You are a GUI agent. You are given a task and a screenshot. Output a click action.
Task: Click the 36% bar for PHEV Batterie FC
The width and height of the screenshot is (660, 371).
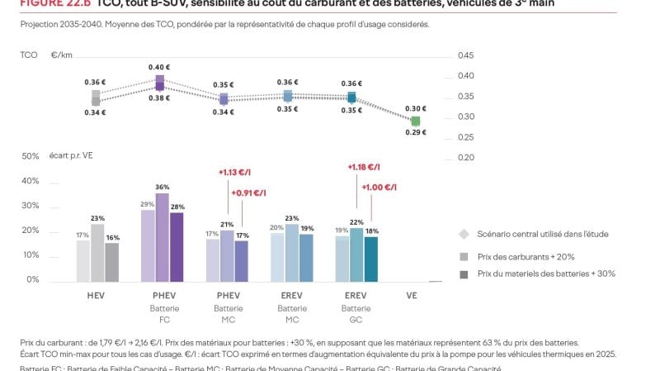[x=162, y=238]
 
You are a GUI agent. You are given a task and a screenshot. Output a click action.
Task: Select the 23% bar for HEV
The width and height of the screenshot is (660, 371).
[x=97, y=253]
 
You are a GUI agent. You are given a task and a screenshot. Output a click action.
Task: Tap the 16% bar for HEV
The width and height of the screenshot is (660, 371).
[x=111, y=262]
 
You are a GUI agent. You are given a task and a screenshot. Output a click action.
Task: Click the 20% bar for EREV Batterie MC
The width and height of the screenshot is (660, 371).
[x=277, y=257]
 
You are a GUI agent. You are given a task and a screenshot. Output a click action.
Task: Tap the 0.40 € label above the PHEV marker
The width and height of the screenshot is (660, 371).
[x=161, y=67]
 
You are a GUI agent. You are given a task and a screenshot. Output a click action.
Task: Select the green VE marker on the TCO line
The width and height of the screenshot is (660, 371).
[x=416, y=121]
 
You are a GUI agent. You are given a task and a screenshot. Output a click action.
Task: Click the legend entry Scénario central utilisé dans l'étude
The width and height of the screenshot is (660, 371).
[x=542, y=234]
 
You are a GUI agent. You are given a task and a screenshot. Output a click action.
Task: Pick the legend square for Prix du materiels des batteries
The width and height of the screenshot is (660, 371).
[x=464, y=273]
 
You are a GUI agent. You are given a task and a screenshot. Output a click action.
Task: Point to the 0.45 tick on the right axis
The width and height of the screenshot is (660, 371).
[x=465, y=55]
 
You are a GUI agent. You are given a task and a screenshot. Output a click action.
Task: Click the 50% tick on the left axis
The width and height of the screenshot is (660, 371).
[x=30, y=156]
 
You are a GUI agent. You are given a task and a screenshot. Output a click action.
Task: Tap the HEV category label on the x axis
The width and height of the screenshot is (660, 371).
[x=97, y=294]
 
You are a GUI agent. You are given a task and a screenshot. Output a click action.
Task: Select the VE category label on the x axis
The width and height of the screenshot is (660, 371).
[x=411, y=294]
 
